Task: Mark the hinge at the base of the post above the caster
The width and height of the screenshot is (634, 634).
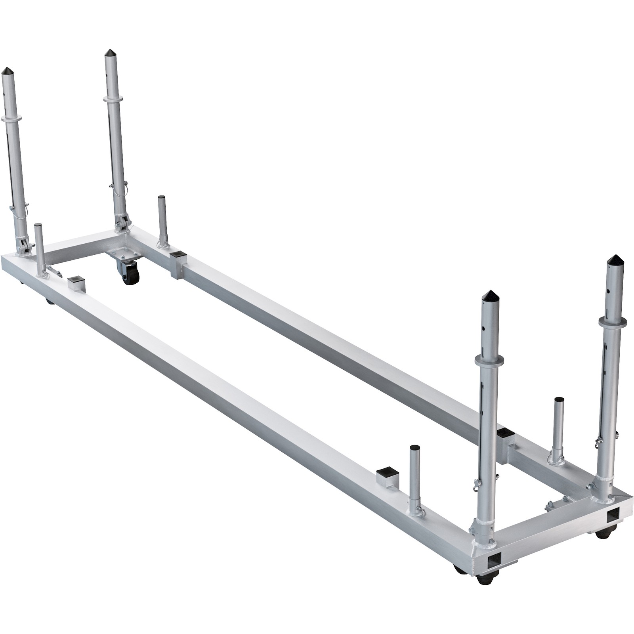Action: click(x=121, y=223)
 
